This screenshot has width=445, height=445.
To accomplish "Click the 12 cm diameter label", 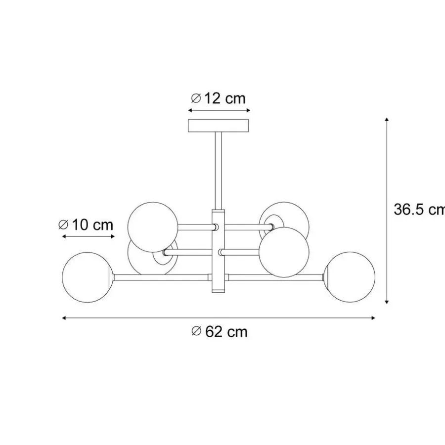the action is [x=218, y=98].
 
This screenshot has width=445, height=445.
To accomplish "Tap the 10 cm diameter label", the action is [x=86, y=225].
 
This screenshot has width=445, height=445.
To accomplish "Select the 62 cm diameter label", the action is [x=220, y=331].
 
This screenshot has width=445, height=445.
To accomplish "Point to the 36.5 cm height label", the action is [x=419, y=210].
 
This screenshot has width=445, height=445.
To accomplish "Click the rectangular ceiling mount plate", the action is [x=219, y=126].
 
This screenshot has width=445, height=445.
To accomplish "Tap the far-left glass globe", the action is [x=88, y=277].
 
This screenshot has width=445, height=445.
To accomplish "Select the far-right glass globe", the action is [x=350, y=277].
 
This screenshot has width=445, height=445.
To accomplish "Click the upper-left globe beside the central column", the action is [x=153, y=227].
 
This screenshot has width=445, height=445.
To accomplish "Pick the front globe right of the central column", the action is [x=284, y=252].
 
